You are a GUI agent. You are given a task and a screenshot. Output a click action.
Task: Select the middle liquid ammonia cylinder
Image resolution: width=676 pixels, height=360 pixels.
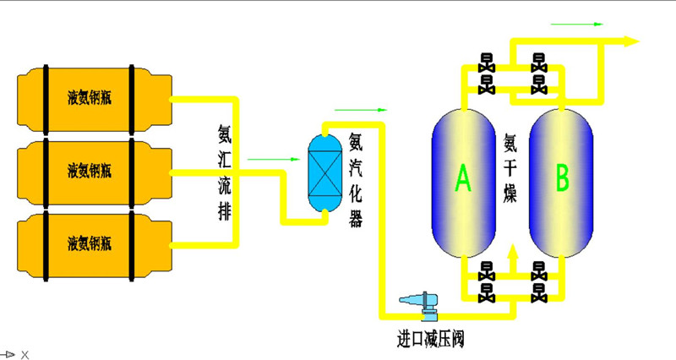pyautogui.click(x=89, y=171)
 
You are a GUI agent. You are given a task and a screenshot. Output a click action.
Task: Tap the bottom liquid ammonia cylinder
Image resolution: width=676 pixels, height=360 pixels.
pyautogui.click(x=89, y=244)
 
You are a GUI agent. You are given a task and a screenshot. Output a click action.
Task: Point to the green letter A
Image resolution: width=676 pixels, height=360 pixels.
pyautogui.click(x=463, y=177)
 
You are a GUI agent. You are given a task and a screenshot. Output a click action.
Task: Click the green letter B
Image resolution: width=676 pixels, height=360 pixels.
pyautogui.click(x=561, y=177)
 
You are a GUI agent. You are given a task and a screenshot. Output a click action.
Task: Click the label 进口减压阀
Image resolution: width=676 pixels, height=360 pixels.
pyautogui.click(x=431, y=341)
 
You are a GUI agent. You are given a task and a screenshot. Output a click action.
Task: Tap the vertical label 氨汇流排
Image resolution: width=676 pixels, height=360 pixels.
pyautogui.click(x=224, y=173)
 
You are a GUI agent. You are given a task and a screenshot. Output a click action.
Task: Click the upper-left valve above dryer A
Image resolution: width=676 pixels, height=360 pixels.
pyautogui.click(x=487, y=62)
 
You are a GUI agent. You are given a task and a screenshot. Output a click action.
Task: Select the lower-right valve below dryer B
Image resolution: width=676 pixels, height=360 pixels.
pyautogui.click(x=537, y=293)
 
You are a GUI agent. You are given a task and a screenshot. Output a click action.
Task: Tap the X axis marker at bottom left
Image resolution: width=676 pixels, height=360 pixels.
pyautogui.click(x=25, y=355)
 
